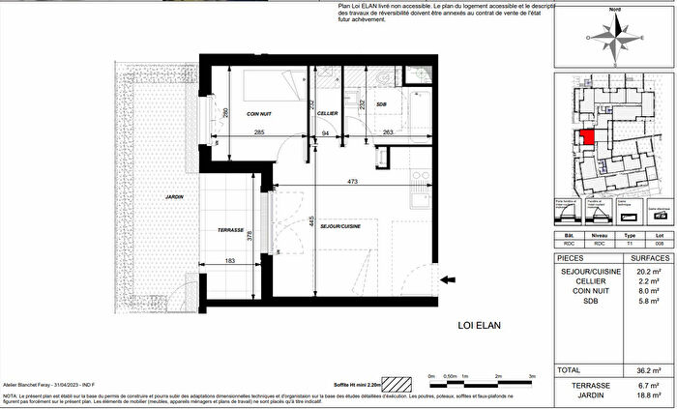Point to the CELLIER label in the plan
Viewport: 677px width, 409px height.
click(327, 113)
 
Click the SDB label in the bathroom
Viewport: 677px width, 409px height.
click(383, 103)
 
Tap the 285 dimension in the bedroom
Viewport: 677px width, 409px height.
click(259, 132)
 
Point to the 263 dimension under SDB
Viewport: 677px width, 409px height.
click(386, 132)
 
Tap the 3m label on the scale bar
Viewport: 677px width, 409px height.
click(531, 375)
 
